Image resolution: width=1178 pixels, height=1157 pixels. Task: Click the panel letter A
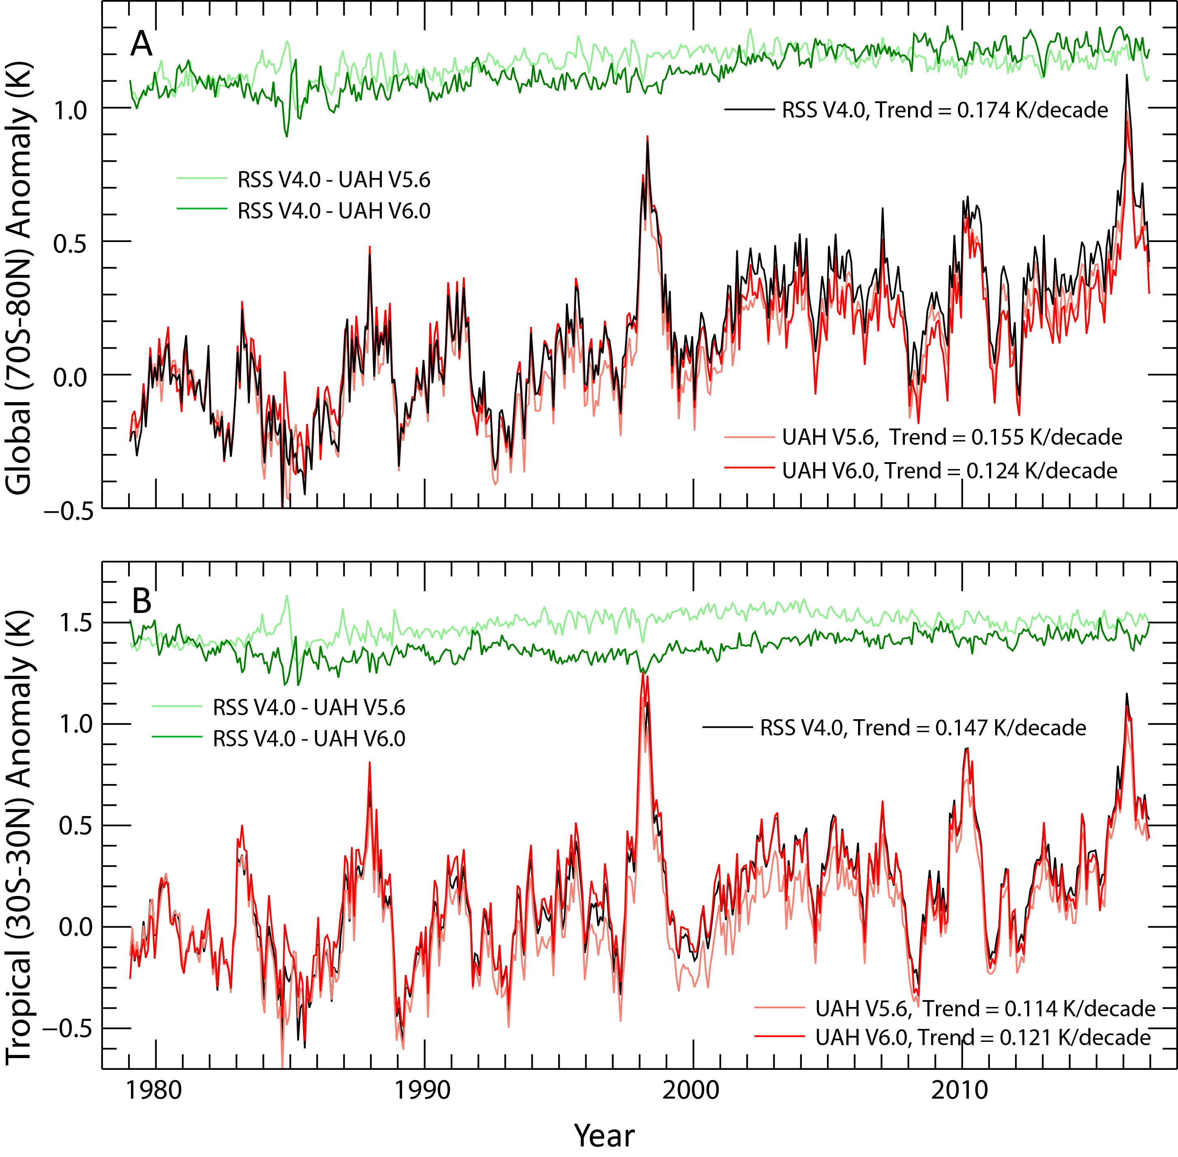point(141,44)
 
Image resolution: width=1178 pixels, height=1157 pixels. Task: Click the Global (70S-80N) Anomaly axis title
point(19,279)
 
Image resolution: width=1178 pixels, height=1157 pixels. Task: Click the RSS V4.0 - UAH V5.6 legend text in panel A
point(334,180)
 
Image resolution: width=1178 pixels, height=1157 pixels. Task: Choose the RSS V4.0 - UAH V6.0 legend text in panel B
point(308,738)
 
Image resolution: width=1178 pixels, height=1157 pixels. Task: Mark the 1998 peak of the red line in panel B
point(642,672)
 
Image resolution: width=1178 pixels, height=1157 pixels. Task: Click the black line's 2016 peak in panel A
point(1127,75)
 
